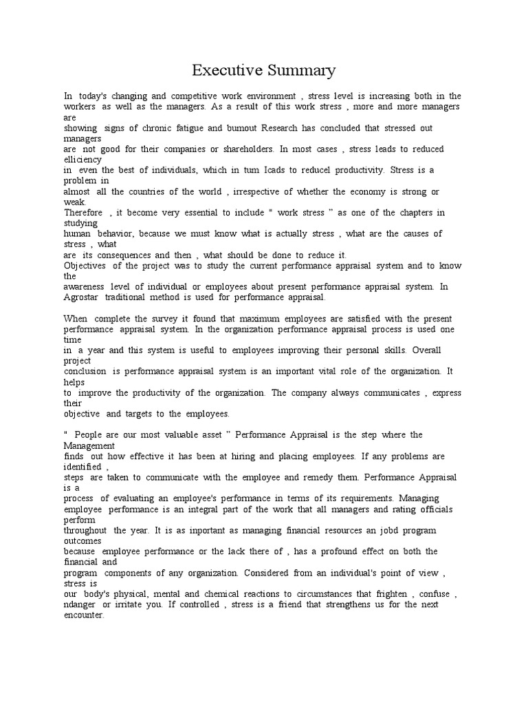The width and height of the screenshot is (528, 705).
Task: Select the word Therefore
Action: coord(83,213)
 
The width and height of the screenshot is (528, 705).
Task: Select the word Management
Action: coord(90,445)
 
